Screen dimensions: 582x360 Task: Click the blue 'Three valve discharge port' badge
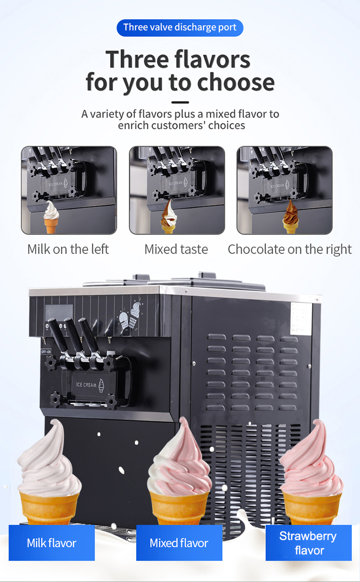click(180, 27)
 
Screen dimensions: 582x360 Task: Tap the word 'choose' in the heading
click(235, 83)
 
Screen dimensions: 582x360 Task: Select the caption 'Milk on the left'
click(68, 249)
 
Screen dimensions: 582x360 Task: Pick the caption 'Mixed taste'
click(176, 249)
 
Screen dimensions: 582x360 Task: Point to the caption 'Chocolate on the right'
click(289, 249)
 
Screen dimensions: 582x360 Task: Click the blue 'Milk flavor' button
click(51, 543)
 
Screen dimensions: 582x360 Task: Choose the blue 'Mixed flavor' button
click(179, 543)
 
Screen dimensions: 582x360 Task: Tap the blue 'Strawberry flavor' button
click(309, 543)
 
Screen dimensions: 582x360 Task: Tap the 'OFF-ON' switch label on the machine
click(46, 351)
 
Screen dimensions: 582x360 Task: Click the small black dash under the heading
click(180, 102)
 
